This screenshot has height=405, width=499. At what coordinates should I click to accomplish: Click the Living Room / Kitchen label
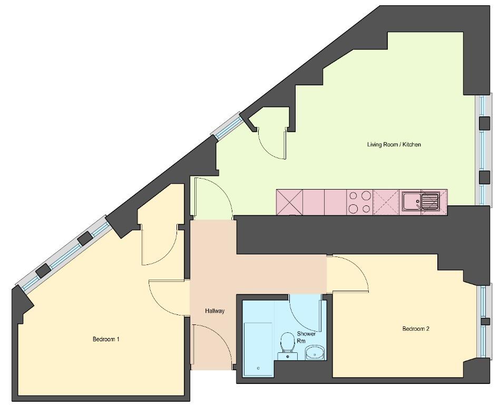pos(394,144)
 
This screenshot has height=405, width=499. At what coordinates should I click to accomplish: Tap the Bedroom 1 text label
pos(106,339)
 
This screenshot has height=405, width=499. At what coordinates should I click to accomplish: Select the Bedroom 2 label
pos(416,329)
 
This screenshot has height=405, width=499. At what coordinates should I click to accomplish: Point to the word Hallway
pos(215,311)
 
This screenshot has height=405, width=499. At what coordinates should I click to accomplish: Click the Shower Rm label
pos(306,337)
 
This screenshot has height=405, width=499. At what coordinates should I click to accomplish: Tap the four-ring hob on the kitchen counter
pos(359,202)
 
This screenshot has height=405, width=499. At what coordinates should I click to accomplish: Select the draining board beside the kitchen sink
pos(430,201)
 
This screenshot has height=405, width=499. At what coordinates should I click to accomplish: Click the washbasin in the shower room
pos(315,353)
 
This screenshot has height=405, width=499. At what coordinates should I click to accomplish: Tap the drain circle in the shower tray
pos(258,369)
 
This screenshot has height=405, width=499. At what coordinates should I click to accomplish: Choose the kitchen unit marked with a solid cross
pos(289,202)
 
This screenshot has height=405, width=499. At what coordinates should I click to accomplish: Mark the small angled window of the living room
pos(228,126)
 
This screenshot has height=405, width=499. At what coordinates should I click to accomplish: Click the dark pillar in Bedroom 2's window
pos(485,321)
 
